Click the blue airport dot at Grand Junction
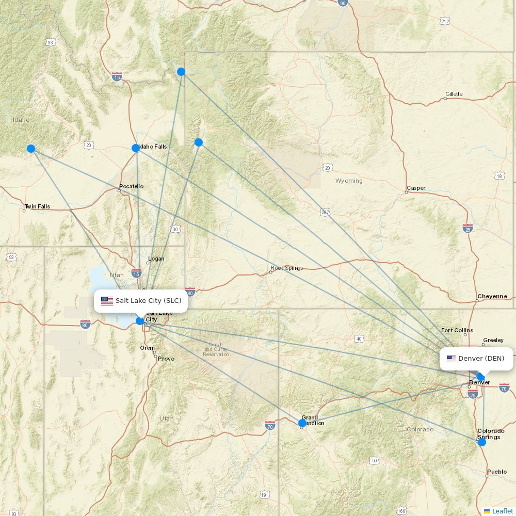[302, 423]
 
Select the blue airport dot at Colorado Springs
[482, 442]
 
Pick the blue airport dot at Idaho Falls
[136, 148]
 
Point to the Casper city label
[416, 188]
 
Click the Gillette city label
[454, 94]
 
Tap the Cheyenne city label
[492, 297]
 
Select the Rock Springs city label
[286, 268]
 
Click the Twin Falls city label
[37, 207]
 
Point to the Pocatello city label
[131, 186]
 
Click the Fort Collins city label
[457, 330]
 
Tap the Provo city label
[166, 359]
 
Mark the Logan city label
[156, 259]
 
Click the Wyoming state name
[349, 181]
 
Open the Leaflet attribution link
[503, 511]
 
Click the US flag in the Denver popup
[451, 359]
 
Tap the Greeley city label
[493, 341]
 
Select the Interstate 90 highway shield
[343, 3]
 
